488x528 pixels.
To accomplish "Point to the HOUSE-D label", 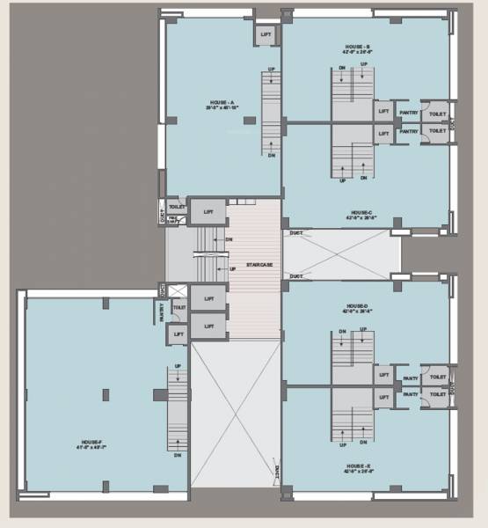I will [359, 307].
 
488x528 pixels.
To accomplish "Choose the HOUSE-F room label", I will [92, 444].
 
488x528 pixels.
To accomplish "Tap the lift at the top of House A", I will [266, 35].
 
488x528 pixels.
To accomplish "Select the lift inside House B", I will [383, 112].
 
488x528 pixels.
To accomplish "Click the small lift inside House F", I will [178, 334].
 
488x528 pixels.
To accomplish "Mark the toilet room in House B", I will [437, 114].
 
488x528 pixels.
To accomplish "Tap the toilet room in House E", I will [437, 396].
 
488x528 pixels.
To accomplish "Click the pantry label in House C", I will [408, 132].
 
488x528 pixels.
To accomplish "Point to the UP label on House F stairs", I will [178, 366].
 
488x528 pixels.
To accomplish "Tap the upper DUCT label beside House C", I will [296, 234].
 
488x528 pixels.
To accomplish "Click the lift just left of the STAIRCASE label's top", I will [208, 212].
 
